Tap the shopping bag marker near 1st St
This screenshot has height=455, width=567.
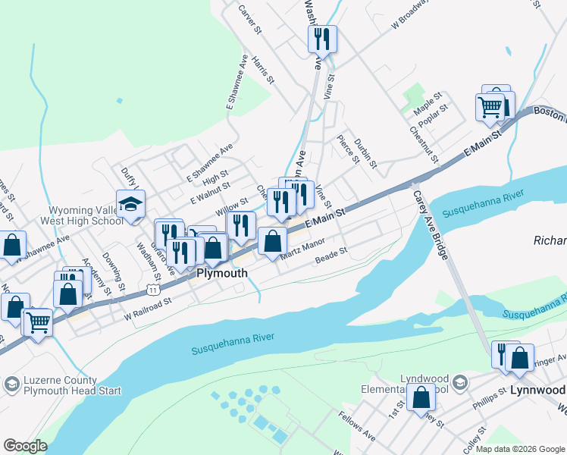pos(421,397)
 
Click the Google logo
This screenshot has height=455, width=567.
pos(25,446)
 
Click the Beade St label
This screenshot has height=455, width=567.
pos(330,257)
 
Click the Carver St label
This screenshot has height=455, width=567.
pos(249,20)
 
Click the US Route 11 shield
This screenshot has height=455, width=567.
pos(154,290)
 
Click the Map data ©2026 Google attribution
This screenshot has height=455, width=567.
pos(519,449)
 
